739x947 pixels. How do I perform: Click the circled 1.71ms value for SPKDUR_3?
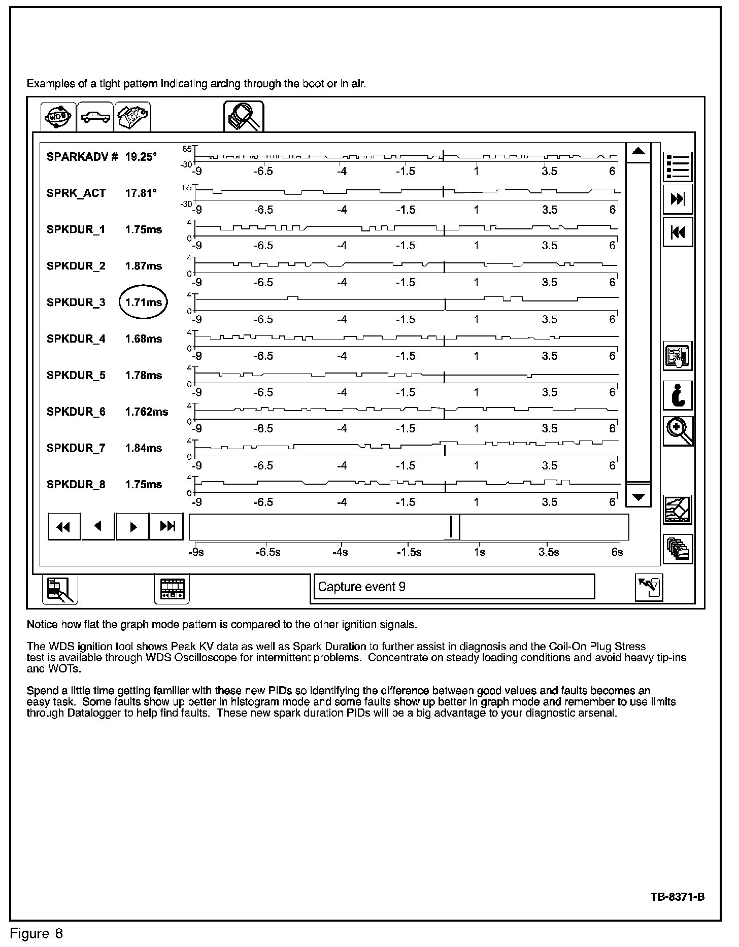pyautogui.click(x=144, y=302)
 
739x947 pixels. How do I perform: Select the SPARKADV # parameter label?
pyautogui.click(x=82, y=157)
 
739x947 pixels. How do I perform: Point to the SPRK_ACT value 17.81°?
pyautogui.click(x=141, y=193)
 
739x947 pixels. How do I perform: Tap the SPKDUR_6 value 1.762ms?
pyautogui.click(x=146, y=412)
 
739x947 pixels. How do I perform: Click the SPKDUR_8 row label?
pyautogui.click(x=76, y=485)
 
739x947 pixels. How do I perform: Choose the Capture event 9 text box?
pyautogui.click(x=454, y=587)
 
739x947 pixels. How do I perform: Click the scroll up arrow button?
pyautogui.click(x=639, y=152)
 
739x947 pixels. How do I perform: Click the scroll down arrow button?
pyautogui.click(x=639, y=497)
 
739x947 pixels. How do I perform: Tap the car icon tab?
pyautogui.click(x=96, y=117)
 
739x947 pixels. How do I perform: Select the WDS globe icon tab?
pyautogui.click(x=58, y=117)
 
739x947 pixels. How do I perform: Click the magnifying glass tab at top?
pyautogui.click(x=244, y=116)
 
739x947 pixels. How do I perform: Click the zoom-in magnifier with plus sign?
pyautogui.click(x=678, y=432)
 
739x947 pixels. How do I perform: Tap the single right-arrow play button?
pyautogui.click(x=133, y=527)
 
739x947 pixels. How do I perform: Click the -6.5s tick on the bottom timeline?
pyautogui.click(x=268, y=552)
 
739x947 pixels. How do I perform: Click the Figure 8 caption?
pyautogui.click(x=37, y=934)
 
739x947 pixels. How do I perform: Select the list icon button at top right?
pyautogui.click(x=678, y=167)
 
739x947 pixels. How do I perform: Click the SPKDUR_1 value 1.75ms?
pyautogui.click(x=144, y=230)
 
